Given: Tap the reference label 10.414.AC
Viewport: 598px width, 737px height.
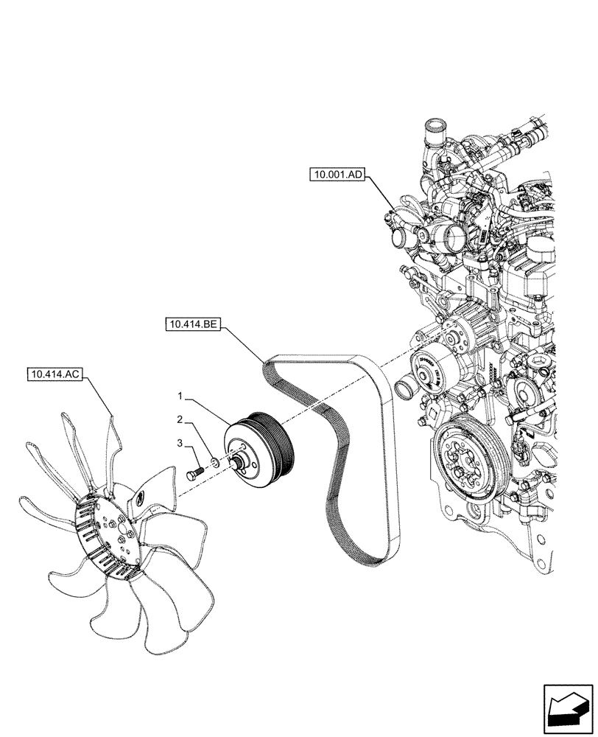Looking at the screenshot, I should click(55, 374).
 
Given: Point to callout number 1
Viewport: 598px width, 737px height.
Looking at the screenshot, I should click(179, 397).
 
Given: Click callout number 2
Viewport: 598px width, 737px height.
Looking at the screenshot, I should click(179, 420).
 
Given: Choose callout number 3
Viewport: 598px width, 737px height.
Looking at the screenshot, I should click(179, 442).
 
